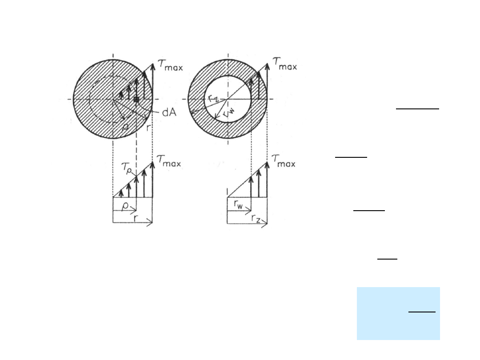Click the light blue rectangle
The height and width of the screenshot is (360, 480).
pos(398,313)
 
